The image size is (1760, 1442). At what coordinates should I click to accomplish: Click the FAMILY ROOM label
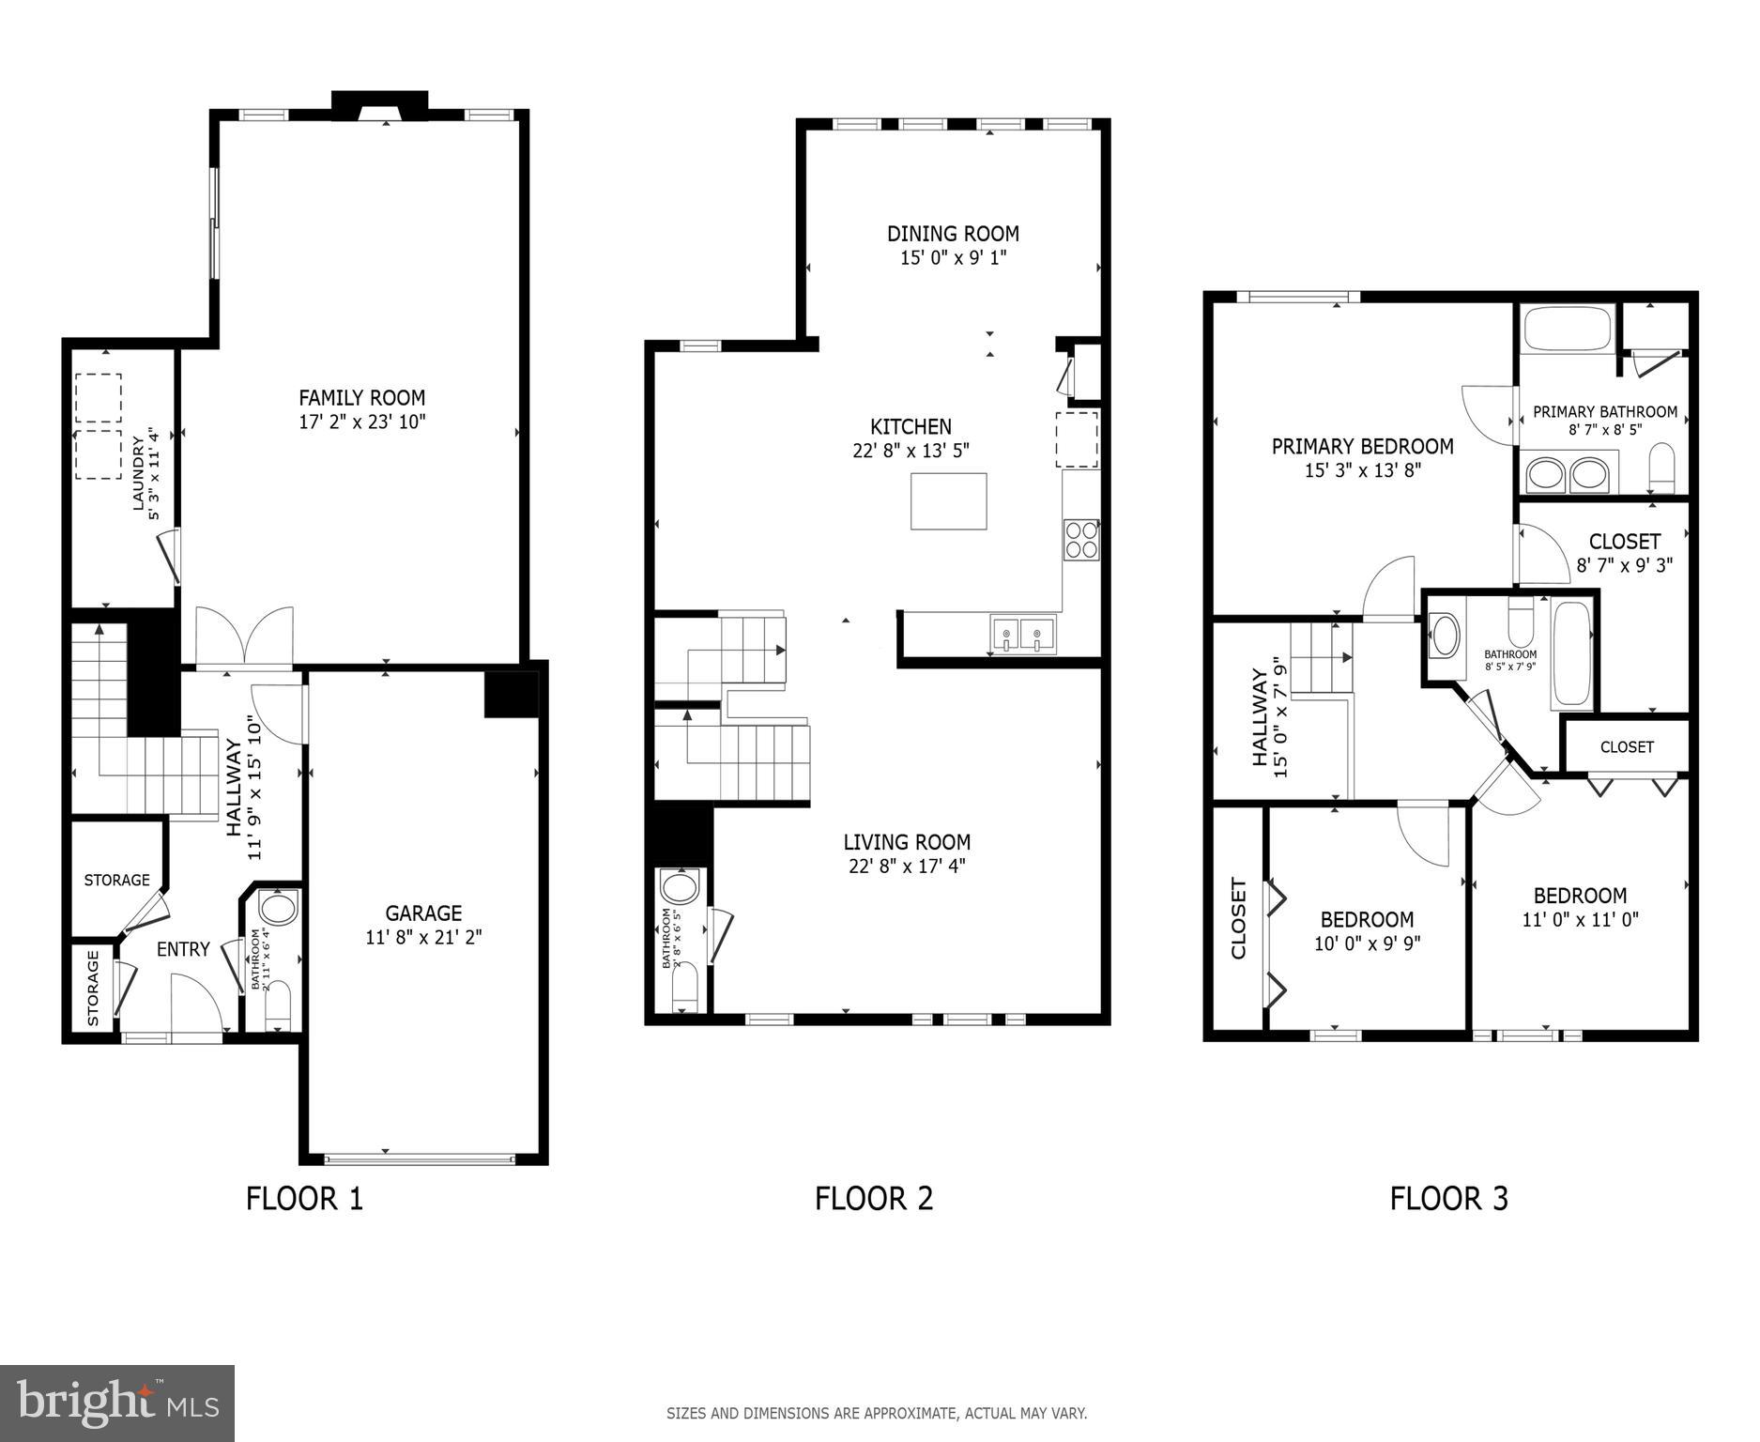click(361, 398)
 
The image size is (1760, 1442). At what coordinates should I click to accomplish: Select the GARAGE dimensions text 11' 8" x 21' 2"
click(423, 937)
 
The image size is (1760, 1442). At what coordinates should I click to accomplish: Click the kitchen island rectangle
click(948, 501)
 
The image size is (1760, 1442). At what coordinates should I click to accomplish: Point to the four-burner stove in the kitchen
click(1080, 540)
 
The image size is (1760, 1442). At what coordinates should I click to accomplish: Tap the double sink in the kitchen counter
click(1021, 635)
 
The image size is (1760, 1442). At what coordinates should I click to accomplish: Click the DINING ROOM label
click(953, 234)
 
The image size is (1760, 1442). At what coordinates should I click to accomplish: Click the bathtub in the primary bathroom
click(1567, 329)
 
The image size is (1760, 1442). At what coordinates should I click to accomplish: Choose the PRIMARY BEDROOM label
click(1362, 447)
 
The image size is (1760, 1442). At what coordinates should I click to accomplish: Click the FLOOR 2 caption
click(873, 1199)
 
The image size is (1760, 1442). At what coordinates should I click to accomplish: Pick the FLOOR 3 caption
click(1448, 1199)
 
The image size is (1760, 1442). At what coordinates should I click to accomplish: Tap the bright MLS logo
click(116, 1403)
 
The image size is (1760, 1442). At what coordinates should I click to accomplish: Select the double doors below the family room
click(244, 638)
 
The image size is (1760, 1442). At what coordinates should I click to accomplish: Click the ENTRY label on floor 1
click(183, 949)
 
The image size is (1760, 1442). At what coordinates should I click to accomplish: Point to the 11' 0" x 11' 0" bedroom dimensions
click(1580, 920)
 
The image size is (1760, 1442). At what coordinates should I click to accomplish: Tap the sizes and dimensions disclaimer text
click(876, 1413)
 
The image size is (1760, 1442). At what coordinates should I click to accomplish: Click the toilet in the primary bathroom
click(1661, 468)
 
